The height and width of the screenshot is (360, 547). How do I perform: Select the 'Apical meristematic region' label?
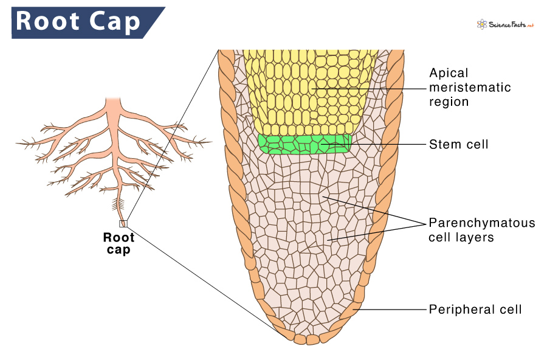tap(470, 87)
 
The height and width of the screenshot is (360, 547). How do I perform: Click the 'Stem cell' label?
tap(458, 144)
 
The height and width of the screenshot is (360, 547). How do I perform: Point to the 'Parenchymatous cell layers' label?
tap(482, 230)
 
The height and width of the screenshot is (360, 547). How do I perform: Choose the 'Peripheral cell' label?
tap(475, 309)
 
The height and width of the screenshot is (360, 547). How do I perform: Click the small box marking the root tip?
tap(123, 223)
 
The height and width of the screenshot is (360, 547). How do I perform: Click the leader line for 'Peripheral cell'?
tap(389, 309)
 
